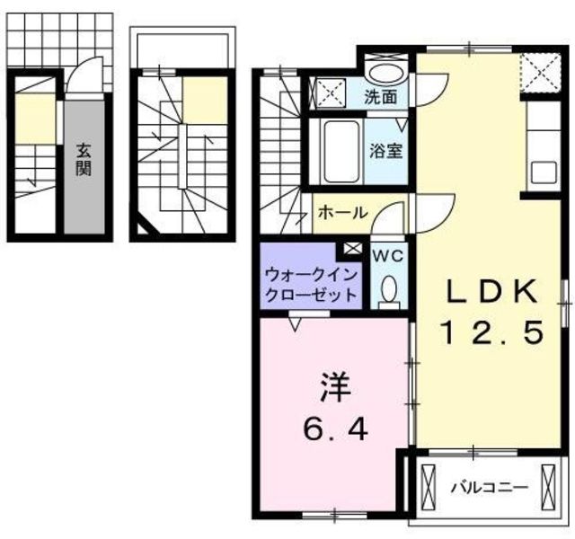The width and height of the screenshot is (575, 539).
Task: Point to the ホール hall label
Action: (x=342, y=213)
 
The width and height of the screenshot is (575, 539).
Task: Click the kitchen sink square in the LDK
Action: (x=544, y=172)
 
